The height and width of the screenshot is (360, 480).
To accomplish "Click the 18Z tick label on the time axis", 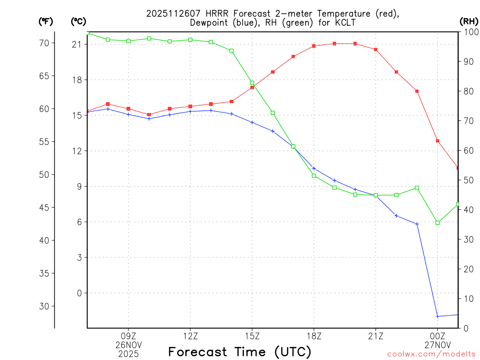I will (314, 336).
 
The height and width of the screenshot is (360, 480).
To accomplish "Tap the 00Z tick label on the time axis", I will (438, 336).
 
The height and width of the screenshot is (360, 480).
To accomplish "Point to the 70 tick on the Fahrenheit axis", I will (43, 43).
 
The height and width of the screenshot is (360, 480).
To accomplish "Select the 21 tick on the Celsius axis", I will (76, 45).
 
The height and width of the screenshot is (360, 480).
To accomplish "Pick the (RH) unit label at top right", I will (469, 21).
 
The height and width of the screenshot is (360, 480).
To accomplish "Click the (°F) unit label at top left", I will (45, 21).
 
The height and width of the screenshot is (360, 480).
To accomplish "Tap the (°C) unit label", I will (78, 21).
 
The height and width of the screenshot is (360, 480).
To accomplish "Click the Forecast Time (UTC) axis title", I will (240, 352).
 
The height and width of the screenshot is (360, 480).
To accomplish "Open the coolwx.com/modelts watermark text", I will (431, 354).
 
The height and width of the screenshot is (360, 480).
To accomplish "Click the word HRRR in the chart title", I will (216, 14).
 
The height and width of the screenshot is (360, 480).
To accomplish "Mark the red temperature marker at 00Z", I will (438, 141).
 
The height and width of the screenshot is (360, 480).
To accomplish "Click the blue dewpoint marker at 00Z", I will (438, 316).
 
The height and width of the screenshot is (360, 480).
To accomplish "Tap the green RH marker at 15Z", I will (252, 83).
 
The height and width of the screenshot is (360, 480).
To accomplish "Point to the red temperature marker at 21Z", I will (376, 49).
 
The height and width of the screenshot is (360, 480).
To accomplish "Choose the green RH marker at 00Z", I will (438, 223).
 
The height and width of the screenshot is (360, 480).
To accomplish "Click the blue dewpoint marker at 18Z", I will (314, 168).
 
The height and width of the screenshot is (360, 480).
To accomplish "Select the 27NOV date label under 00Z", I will (438, 345).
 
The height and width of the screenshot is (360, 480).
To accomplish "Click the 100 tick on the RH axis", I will (469, 32).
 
